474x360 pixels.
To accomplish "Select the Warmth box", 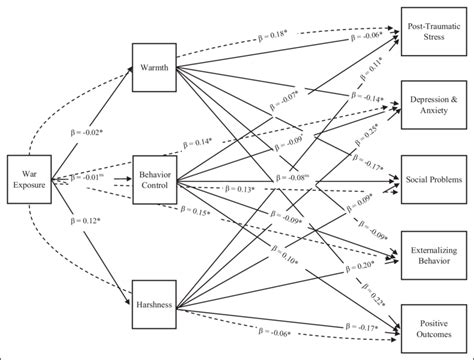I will coord(156,68).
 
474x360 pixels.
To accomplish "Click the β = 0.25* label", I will coord(372,132).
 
